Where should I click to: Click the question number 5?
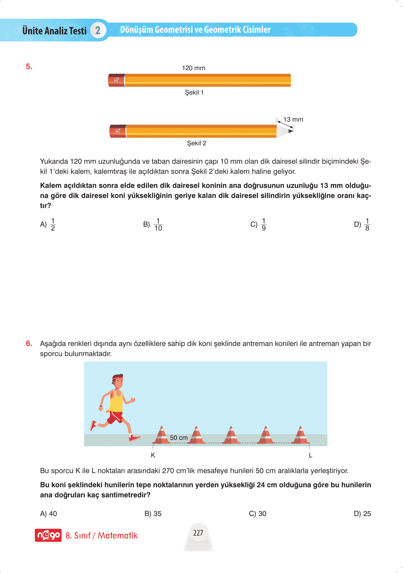[x=29, y=67]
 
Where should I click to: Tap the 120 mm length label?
[x=194, y=68]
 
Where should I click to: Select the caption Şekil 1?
[x=194, y=92]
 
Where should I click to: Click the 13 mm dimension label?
[x=293, y=119]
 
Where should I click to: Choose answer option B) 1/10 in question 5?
[x=153, y=224]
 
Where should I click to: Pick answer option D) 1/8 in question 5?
[x=362, y=224]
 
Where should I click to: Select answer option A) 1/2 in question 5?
[x=48, y=224]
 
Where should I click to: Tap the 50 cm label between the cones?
[x=179, y=438]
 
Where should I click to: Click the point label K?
[x=153, y=455]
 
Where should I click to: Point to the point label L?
[x=311, y=455]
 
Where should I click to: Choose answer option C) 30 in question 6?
[x=258, y=514]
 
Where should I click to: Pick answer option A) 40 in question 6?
[x=48, y=514]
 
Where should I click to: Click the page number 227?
[x=198, y=533]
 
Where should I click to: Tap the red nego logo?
[x=48, y=535]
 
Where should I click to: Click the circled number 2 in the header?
[x=98, y=30]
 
